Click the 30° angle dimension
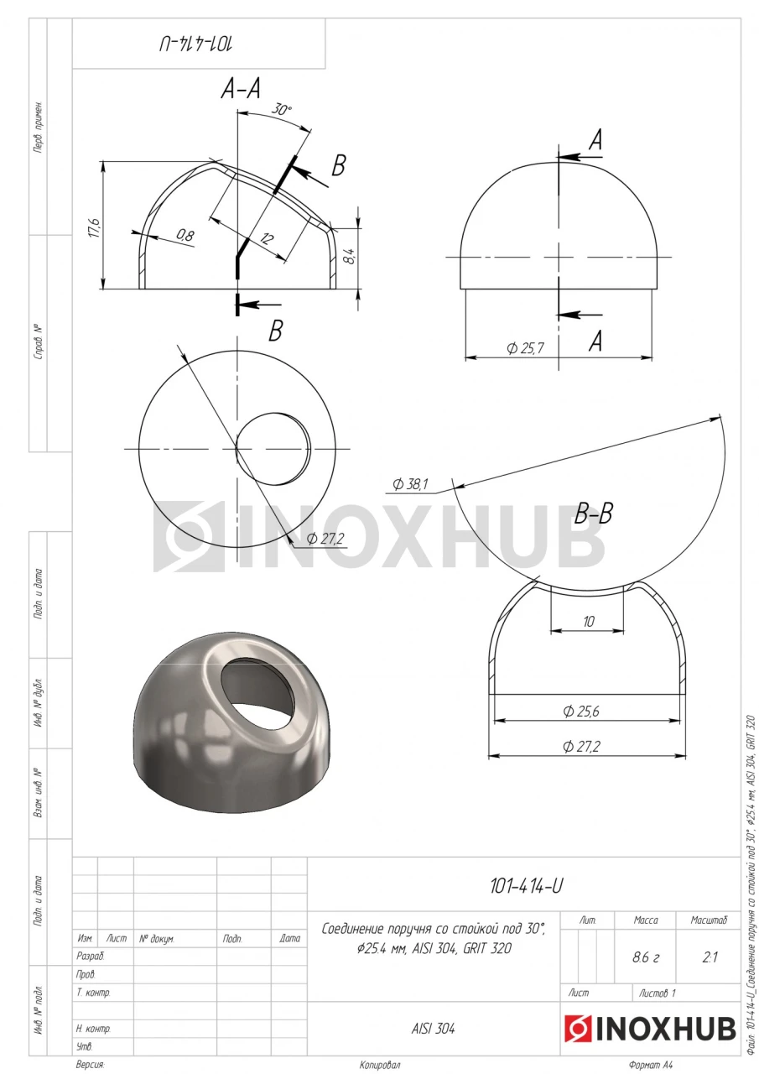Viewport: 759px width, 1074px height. point(281,110)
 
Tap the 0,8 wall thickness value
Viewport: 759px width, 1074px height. point(185,236)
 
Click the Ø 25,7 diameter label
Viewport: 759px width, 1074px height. point(525,348)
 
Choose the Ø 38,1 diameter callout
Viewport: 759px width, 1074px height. point(410,484)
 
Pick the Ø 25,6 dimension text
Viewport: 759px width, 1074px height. point(581,711)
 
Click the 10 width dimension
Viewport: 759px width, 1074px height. point(589,622)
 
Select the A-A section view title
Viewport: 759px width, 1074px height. point(241,89)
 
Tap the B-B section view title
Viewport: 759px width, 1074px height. point(593,514)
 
